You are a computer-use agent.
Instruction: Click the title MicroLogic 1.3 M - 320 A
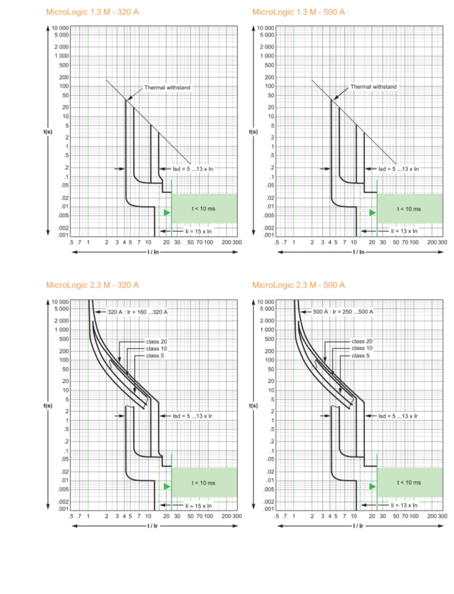pos(92,12)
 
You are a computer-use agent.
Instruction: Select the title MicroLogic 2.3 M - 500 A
pos(298,285)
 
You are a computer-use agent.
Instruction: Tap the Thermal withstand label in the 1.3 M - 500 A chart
pos(373,87)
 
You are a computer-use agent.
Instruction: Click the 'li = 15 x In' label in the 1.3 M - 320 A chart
pos(199,231)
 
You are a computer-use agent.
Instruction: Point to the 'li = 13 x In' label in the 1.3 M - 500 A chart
pos(404,231)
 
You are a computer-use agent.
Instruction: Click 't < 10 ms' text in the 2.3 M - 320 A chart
pos(203,483)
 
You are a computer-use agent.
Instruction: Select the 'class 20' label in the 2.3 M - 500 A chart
pos(362,341)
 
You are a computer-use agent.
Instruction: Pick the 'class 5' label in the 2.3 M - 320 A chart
pos(155,356)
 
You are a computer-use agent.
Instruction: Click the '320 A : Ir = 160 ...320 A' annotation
pos(137,312)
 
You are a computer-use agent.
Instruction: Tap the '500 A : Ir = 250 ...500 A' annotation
pos(343,311)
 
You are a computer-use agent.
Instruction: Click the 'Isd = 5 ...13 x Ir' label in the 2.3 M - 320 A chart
pos(192,416)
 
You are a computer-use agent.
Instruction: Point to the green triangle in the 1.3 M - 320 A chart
pos(167,212)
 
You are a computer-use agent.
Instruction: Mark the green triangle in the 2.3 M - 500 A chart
pos(372,486)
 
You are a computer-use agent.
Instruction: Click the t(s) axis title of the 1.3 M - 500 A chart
pos(253,132)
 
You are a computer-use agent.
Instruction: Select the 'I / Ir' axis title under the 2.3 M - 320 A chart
pos(153,526)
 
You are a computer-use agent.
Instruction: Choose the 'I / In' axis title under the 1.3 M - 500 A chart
pos(358,252)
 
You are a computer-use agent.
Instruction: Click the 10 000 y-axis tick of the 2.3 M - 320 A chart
pos(60,302)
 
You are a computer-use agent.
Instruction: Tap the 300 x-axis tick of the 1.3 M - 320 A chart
pos(237,242)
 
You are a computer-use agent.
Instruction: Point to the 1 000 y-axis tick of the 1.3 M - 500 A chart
pos(267,56)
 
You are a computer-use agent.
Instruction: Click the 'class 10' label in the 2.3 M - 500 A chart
pos(362,348)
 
